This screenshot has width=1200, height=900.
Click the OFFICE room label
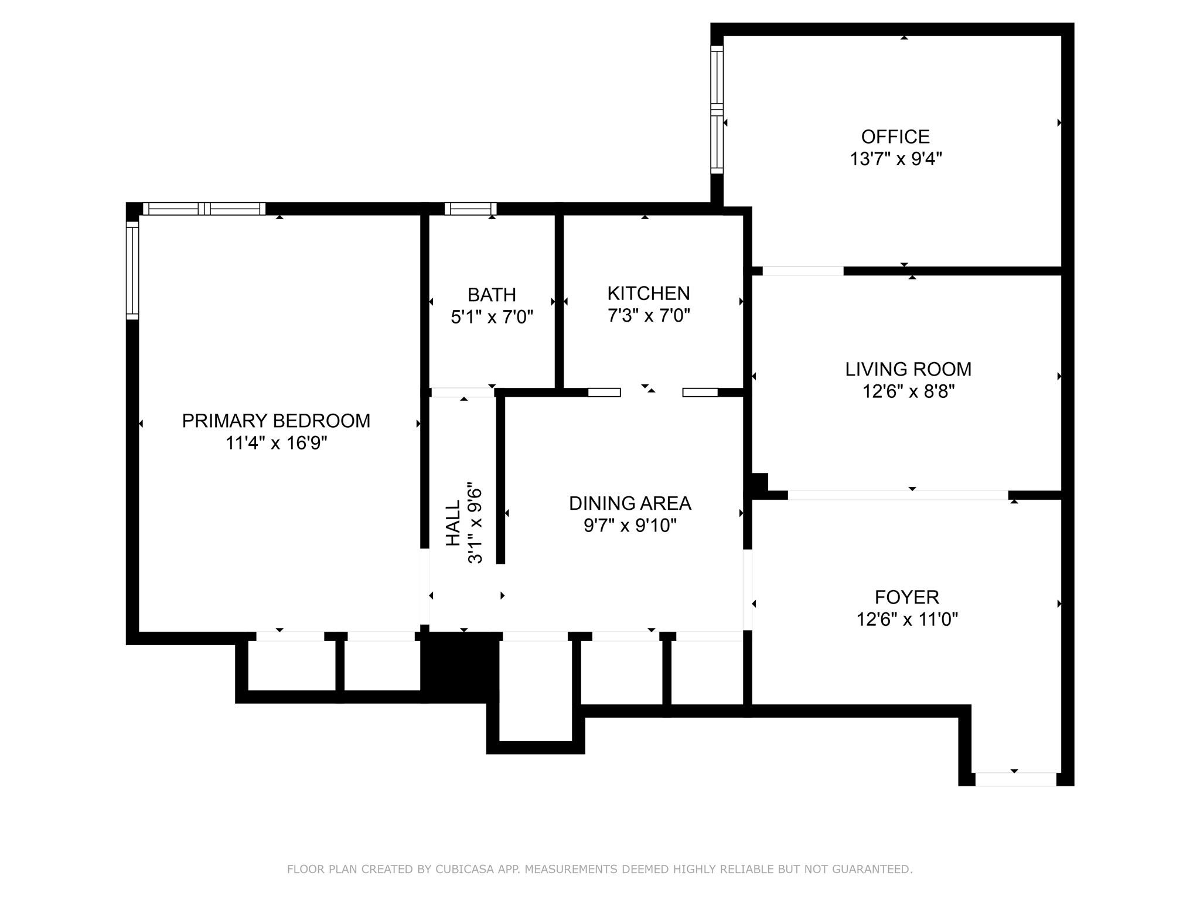click(895, 137)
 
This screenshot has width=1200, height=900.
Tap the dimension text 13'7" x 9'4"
click(895, 159)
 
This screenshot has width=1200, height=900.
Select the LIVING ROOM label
click(908, 369)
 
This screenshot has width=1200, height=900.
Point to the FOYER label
click(906, 597)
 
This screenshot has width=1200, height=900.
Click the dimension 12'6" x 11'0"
click(906, 619)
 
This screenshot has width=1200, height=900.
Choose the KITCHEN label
click(648, 293)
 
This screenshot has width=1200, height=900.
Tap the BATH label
click(492, 294)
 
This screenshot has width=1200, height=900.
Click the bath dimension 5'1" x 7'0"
click(492, 317)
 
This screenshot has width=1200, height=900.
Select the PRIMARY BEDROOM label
click(276, 421)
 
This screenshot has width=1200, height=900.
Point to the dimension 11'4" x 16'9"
click(276, 443)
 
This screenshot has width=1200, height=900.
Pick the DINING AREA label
click(630, 503)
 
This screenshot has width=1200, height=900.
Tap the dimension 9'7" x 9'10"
click(630, 526)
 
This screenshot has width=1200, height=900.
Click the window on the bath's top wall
click(471, 209)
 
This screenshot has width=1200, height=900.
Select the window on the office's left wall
click(717, 110)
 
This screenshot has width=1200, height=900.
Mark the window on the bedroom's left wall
click(132, 270)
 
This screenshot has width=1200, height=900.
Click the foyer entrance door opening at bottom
click(1015, 779)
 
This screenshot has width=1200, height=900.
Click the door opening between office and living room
click(803, 271)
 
